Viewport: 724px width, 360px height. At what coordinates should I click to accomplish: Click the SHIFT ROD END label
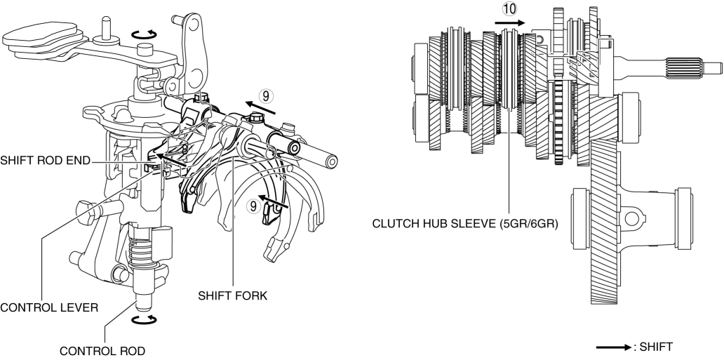45,161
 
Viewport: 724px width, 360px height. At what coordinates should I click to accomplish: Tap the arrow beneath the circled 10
509,22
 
